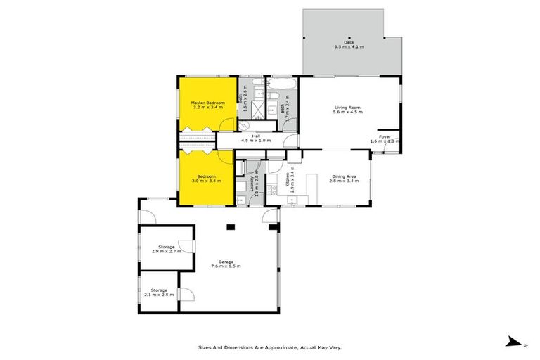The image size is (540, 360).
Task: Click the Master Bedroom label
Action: (207, 103)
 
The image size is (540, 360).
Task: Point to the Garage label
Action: (226, 262)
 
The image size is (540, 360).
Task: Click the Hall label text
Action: (255, 136)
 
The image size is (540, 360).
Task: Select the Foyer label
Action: (385, 136)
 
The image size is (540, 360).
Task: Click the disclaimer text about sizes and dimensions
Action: (270, 347)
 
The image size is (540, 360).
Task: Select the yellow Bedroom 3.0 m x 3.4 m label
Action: (206, 176)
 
